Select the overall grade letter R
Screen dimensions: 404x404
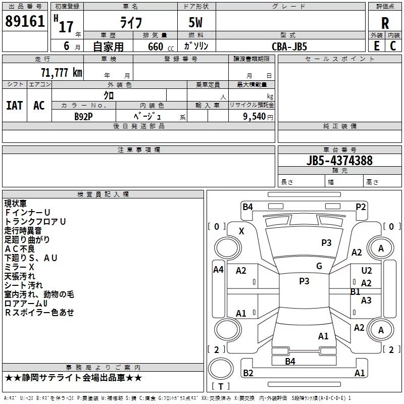[385, 23]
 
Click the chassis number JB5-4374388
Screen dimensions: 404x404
[339, 161]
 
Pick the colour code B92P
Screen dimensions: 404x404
[84, 116]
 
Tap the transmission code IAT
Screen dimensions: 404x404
[14, 105]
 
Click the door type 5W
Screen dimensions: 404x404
[195, 23]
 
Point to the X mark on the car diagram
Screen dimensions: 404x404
[241, 231]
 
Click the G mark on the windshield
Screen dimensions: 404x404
[319, 266]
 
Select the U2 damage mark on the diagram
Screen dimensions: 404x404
[367, 271]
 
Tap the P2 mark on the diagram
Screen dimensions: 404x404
[361, 207]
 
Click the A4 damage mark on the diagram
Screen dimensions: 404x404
[218, 270]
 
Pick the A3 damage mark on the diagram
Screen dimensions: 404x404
[366, 300]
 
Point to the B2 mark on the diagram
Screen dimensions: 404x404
[248, 373]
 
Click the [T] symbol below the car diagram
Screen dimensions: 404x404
[220, 387]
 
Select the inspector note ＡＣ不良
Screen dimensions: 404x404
[21, 249]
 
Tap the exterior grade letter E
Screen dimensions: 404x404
[376, 45]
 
